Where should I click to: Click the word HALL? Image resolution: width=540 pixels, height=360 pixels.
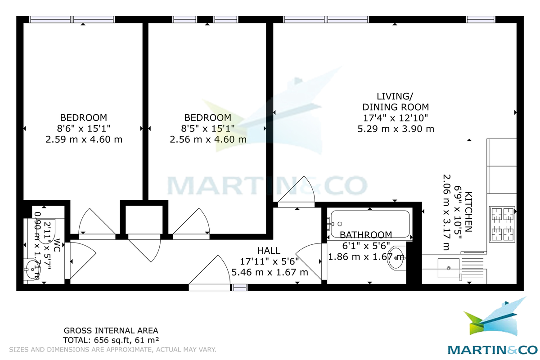point(269,251)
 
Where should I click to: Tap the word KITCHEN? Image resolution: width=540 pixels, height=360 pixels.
point(468,211)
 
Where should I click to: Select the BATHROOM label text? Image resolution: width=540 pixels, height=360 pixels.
point(365,235)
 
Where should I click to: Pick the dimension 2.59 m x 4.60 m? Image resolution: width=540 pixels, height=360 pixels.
point(84,139)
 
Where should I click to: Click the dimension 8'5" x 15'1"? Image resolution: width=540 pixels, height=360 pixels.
point(208,128)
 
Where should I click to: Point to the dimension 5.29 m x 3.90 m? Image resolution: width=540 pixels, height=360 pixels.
point(396,129)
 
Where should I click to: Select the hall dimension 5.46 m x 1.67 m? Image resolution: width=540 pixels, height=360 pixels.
point(270,272)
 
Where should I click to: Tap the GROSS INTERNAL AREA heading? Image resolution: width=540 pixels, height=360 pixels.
point(111,331)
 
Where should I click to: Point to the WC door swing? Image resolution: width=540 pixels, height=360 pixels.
point(81,259)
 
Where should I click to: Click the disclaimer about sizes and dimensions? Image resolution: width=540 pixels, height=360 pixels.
point(113,349)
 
